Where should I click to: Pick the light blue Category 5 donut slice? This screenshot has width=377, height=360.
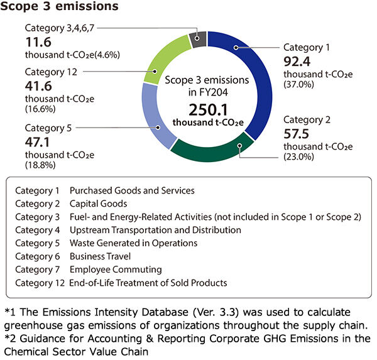(x=155, y=120)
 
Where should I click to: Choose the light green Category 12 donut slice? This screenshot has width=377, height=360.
(x=163, y=60)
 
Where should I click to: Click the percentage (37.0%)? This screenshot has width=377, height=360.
(x=299, y=84)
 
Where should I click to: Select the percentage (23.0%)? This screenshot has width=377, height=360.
(x=299, y=157)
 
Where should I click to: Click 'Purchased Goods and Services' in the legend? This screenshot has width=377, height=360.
(x=132, y=190)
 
